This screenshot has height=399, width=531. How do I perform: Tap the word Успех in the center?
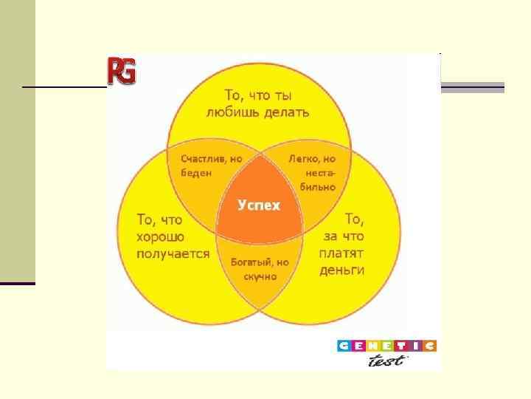[259, 205]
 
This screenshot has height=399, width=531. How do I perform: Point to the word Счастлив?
[200, 159]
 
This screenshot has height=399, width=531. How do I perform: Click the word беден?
[195, 173]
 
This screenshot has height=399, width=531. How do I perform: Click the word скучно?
[260, 276]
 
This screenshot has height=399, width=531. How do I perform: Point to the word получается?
[173, 253]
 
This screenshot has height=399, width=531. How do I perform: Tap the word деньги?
[342, 270]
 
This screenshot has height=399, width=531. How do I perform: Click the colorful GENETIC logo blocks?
[386, 346]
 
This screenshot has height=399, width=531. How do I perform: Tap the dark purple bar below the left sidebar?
[18, 284]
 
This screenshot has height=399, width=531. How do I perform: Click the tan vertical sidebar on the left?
[18, 140]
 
